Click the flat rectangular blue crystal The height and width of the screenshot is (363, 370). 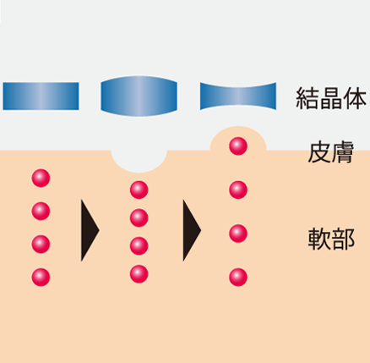41,96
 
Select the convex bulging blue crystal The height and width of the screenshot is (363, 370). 139,96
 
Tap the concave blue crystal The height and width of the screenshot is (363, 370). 238,96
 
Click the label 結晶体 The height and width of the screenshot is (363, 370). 331,98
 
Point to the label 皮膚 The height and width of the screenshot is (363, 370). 331,152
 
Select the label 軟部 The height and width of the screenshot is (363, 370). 331,239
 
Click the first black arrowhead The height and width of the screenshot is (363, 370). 90,230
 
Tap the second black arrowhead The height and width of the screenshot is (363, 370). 192,230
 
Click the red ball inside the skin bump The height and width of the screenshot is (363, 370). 238,146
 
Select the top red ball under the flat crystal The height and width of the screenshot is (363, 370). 41,178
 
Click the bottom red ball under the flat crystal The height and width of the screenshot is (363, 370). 41,278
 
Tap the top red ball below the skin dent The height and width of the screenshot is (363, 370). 139,190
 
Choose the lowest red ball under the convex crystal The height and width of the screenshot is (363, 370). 139,274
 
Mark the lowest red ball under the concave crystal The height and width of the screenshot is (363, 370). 238,278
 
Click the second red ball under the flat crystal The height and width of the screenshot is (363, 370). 41,211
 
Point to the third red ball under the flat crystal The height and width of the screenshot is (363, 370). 41,244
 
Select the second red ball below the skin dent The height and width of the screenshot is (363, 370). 139,217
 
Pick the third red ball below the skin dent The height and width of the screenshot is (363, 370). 139,246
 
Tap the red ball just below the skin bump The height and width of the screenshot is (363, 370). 238,190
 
